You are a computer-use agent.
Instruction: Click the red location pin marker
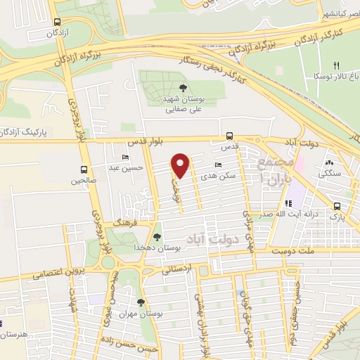point(181,166)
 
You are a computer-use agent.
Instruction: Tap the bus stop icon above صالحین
point(84,169)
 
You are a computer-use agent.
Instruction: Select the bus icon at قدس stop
point(229,136)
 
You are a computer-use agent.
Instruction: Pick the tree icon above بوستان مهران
point(141,302)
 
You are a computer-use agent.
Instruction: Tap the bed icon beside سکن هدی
point(218,165)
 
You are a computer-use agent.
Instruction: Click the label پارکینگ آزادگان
point(26,131)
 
